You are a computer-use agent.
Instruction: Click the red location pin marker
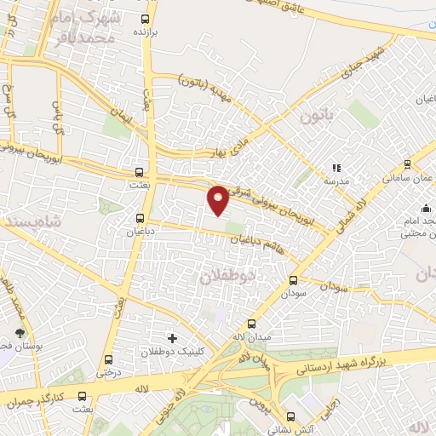click(x=218, y=198)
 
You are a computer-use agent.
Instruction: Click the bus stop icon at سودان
click(x=294, y=279)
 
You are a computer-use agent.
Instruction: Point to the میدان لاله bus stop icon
click(x=251, y=324)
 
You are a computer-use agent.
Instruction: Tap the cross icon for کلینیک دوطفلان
click(x=172, y=338)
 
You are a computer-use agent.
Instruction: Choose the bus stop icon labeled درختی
click(x=108, y=359)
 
